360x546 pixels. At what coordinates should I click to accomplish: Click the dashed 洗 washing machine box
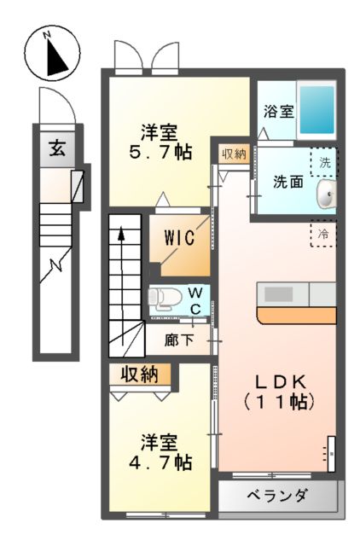325,160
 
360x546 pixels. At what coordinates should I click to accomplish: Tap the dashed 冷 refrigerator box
323,233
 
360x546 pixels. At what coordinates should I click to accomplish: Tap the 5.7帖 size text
160,154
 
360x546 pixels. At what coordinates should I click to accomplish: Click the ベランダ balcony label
278,497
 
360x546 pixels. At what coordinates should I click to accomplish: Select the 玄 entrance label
56,148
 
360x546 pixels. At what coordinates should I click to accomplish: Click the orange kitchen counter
294,316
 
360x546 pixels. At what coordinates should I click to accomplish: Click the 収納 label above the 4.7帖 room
140,373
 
